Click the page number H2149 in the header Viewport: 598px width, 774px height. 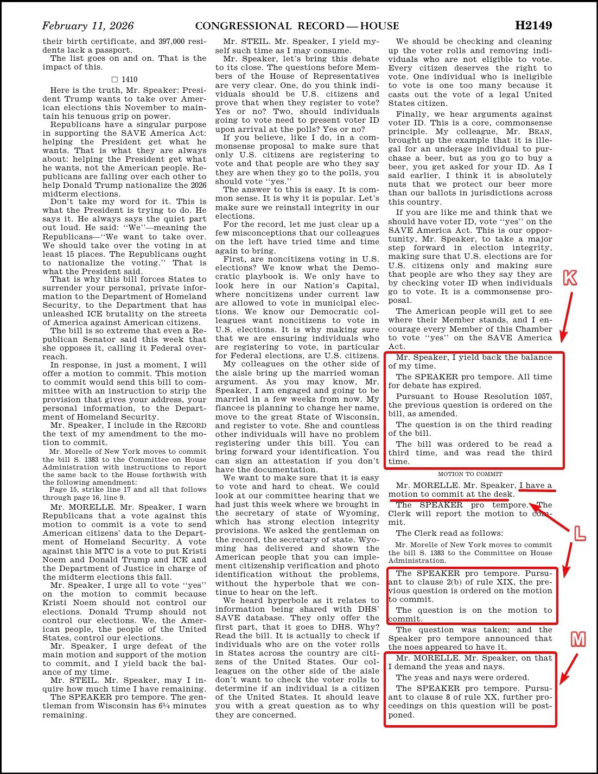pos(533,26)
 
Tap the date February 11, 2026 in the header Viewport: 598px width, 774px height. pos(87,26)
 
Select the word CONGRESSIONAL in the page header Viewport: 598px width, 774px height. pos(243,26)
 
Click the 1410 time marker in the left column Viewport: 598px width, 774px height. pos(129,79)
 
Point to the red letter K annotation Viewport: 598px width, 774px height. pos(570,278)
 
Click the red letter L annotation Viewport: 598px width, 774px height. pos(580,534)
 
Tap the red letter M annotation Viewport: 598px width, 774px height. pos(578,639)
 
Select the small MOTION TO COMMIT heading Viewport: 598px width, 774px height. pos(470,474)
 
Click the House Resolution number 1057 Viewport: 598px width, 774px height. pos(543,397)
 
